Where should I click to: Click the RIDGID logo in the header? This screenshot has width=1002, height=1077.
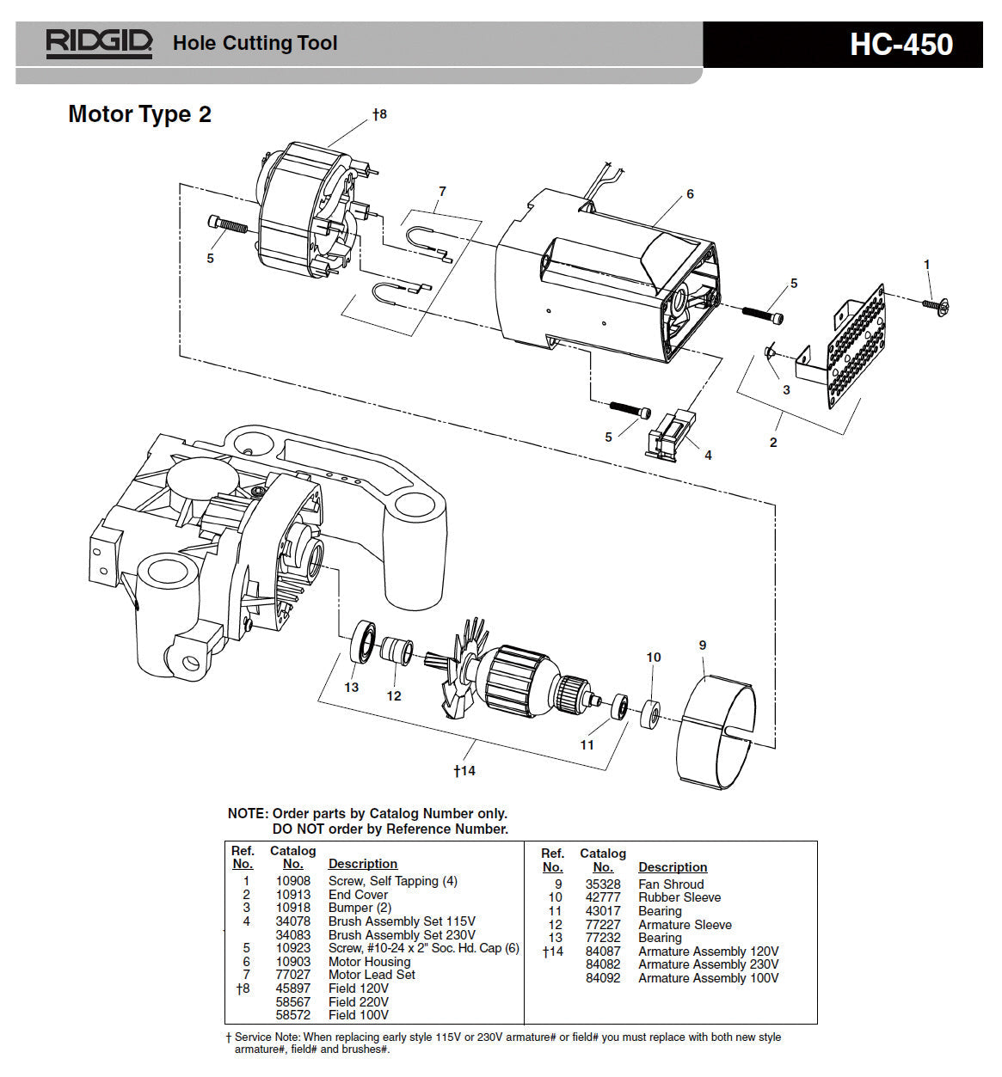(99, 43)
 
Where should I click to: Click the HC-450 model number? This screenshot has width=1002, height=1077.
(901, 45)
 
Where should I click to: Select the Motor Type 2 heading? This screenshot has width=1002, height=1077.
(139, 114)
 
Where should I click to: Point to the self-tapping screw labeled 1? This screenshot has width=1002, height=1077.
(935, 304)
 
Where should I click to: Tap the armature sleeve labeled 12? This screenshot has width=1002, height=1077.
(396, 651)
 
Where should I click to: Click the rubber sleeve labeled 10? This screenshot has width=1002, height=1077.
(650, 714)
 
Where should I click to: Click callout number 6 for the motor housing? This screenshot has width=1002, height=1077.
(690, 194)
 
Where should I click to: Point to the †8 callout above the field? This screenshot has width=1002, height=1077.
(379, 113)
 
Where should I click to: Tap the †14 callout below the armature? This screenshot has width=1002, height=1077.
(464, 771)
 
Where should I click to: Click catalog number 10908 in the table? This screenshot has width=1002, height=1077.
(292, 881)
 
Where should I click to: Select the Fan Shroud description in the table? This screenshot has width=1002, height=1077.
(671, 884)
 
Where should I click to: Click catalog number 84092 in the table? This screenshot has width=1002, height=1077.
(603, 978)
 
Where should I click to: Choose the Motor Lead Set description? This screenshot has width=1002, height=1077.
(372, 975)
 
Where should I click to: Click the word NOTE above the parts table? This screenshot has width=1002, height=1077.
(248, 814)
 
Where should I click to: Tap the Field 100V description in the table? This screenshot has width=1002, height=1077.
(359, 1015)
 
